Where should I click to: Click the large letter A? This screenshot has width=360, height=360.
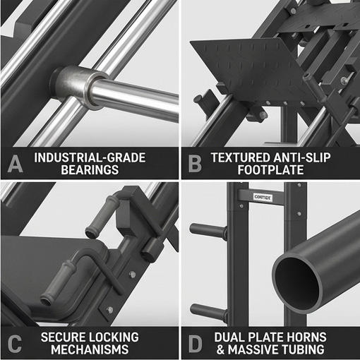tap(16, 164)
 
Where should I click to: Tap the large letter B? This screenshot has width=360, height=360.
tap(195, 164)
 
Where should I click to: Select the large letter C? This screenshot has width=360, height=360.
tap(15, 344)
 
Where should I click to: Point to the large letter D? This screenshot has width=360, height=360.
tap(196, 344)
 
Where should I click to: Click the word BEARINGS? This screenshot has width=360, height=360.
tap(90, 170)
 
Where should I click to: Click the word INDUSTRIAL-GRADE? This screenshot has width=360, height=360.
tap(90, 157)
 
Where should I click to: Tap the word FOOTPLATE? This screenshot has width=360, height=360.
tap(270, 170)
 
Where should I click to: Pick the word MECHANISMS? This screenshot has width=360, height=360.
tap(90, 349)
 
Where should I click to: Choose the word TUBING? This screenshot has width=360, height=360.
tap(303, 349)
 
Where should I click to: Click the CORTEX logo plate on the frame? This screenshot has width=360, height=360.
tap(263, 197)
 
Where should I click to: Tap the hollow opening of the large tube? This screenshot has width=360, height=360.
tap(297, 284)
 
